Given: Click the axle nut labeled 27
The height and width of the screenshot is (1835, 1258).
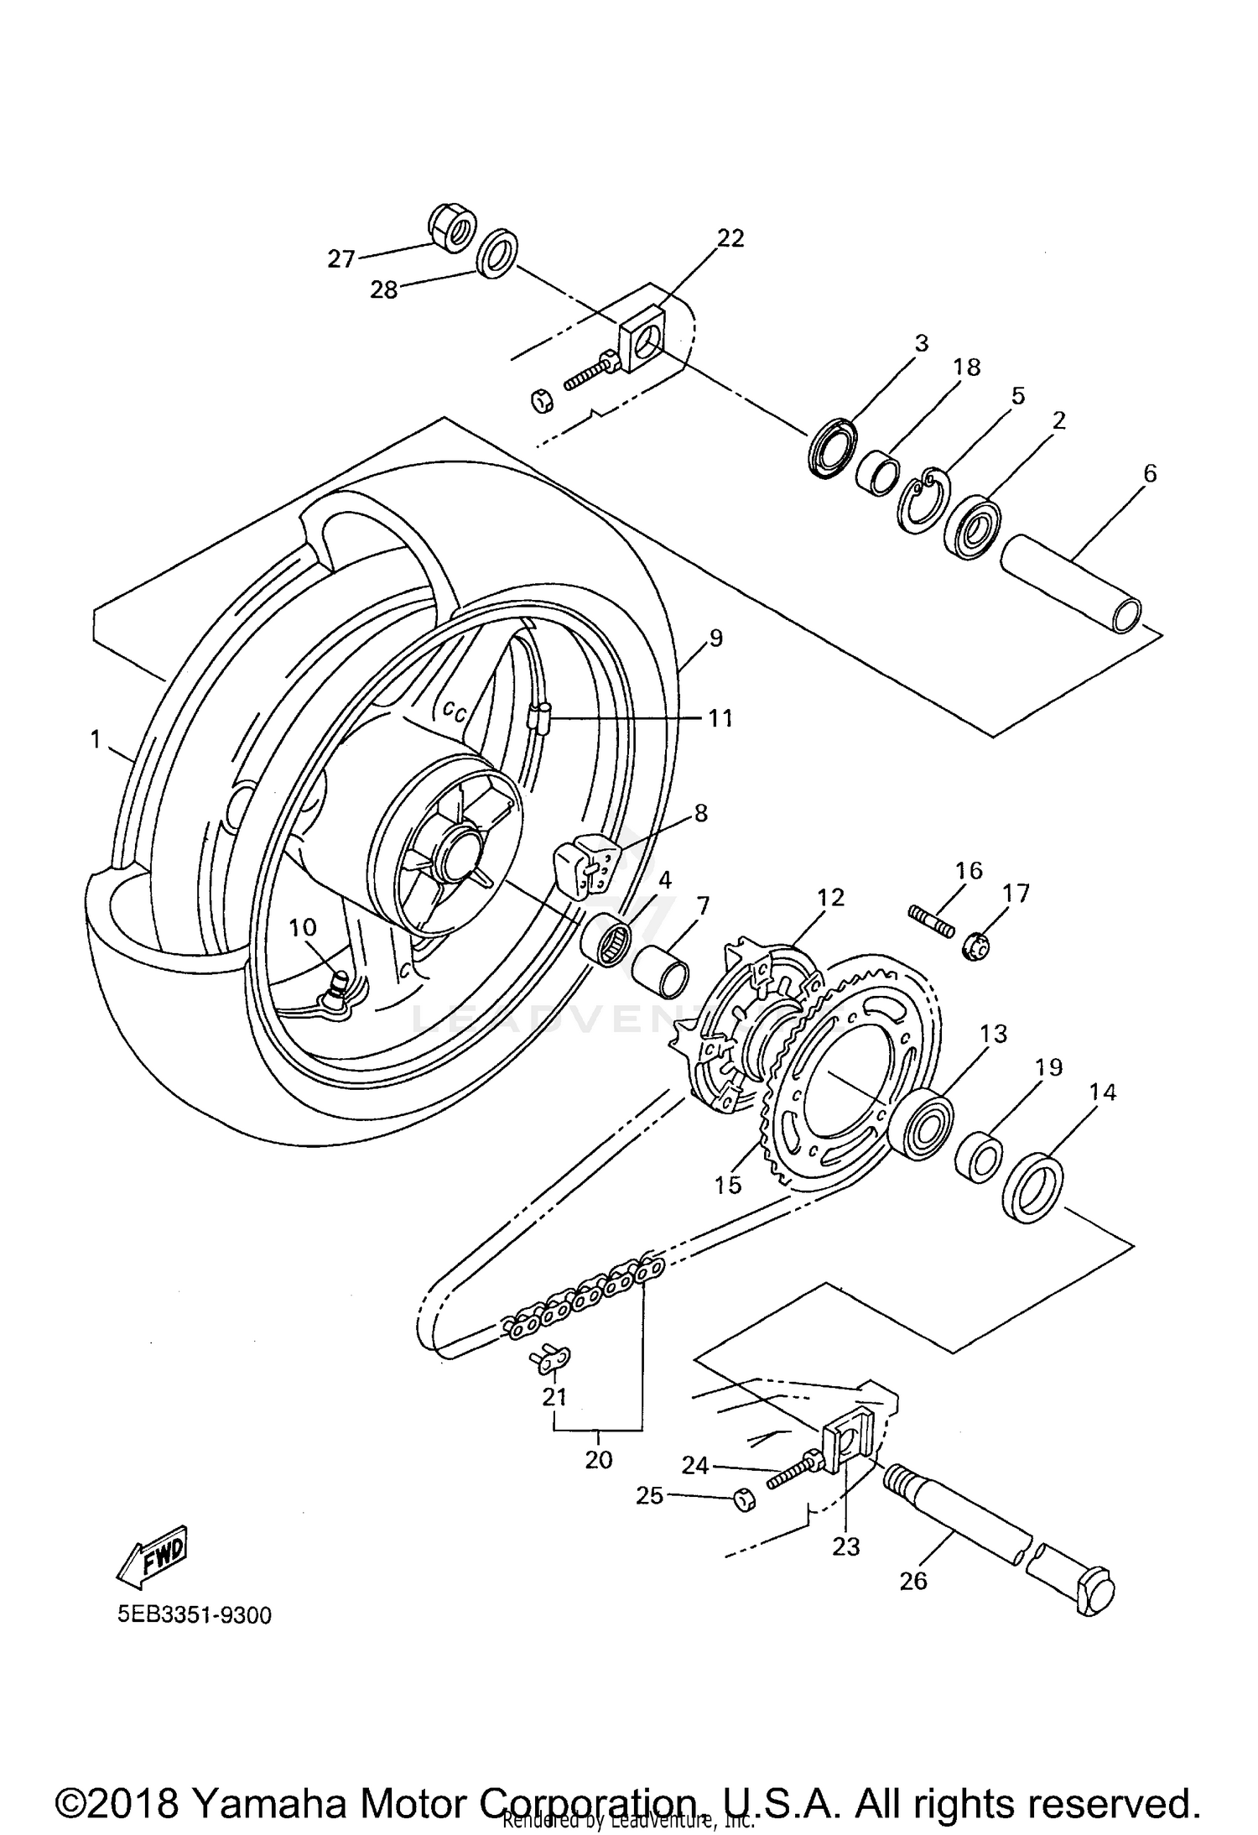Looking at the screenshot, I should (452, 227).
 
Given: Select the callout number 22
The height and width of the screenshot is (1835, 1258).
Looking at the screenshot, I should (730, 239).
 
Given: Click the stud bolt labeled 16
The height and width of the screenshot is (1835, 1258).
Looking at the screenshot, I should (931, 919).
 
